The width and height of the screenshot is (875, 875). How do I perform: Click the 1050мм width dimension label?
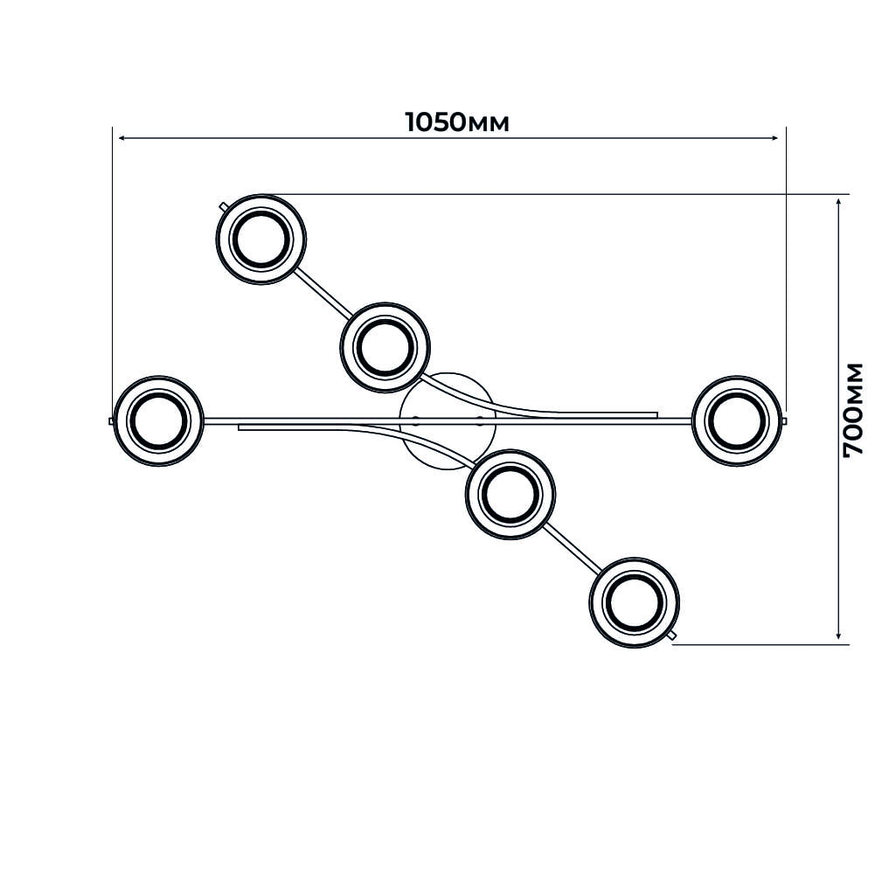point(457,122)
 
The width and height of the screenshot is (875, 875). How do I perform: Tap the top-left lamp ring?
point(261,196)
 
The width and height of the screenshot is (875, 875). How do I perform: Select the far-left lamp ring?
point(158,378)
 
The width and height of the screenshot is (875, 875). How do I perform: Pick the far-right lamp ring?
point(737,378)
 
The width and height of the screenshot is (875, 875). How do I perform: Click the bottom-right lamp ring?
point(635,558)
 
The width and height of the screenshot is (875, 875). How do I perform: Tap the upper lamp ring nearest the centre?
point(385,305)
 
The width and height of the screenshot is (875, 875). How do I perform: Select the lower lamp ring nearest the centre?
point(510,451)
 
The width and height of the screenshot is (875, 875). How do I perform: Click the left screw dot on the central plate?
point(415,420)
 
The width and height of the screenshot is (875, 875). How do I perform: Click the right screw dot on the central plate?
point(478,420)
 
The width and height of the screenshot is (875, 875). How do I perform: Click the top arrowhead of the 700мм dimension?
point(838,203)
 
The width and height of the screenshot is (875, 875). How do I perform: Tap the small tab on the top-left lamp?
point(224,207)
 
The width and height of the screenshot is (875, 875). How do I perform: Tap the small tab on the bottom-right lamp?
point(673,635)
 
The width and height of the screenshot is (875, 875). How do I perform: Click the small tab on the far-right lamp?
point(785,420)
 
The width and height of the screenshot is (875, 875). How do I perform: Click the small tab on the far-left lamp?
point(112,420)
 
